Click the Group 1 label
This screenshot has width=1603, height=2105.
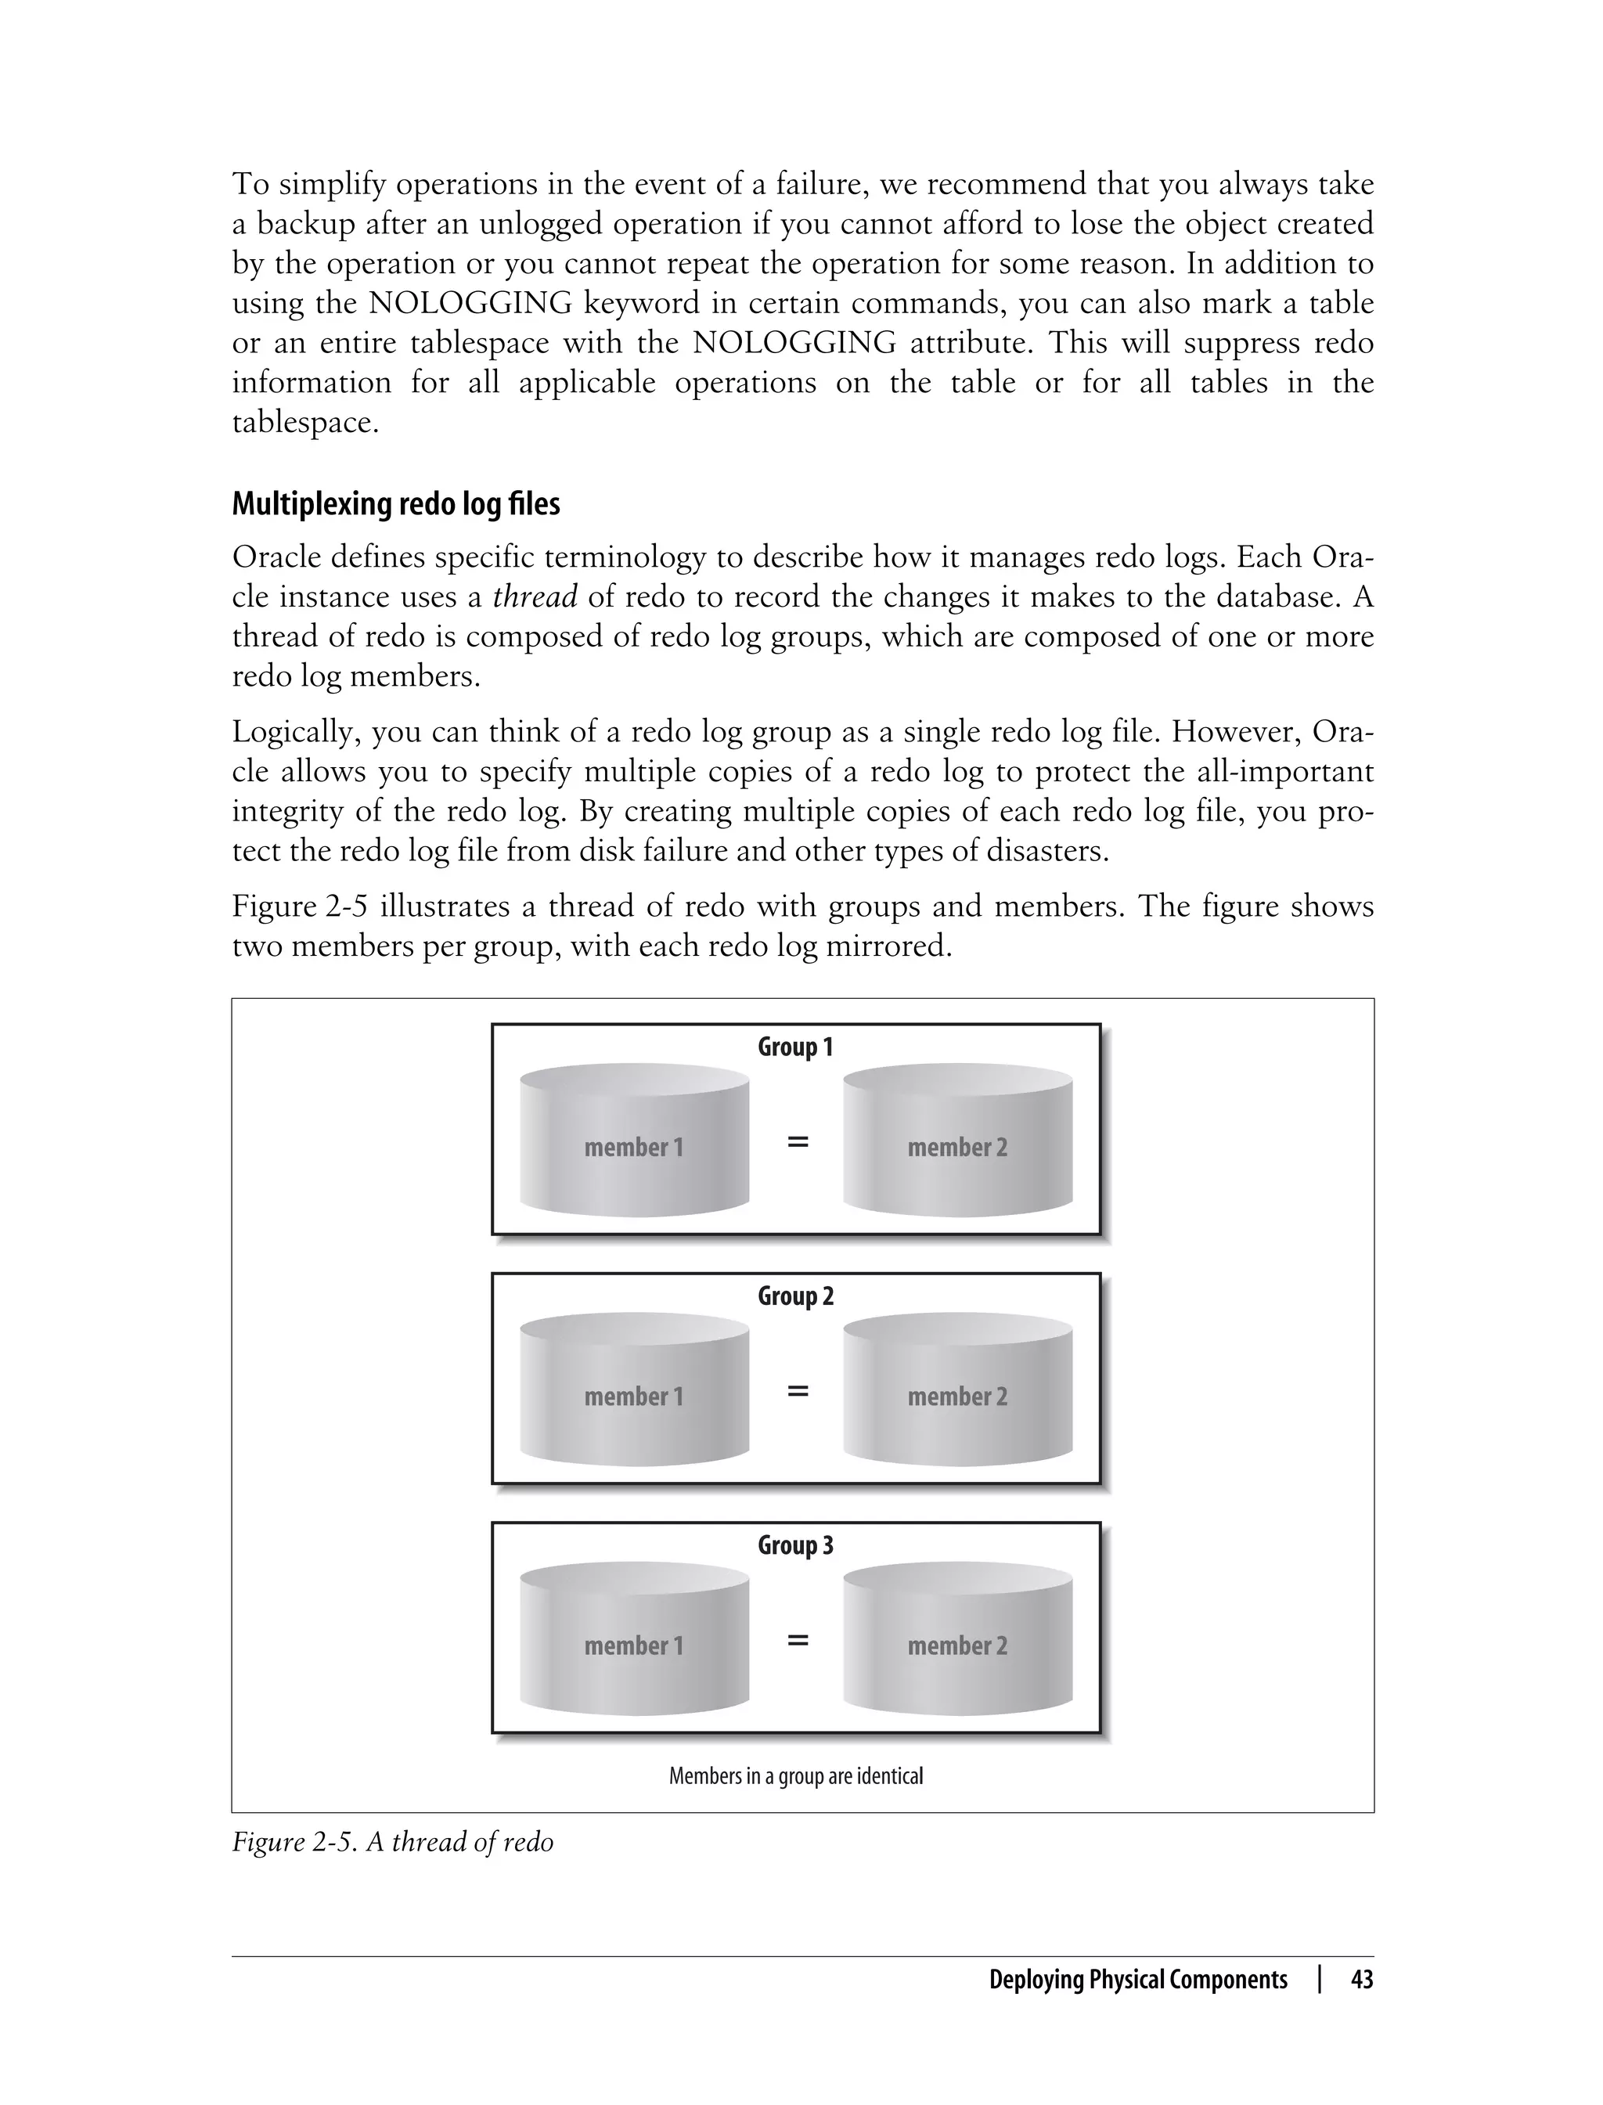(794, 1047)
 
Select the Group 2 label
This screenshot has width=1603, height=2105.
(794, 1296)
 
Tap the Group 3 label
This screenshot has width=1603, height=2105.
(794, 1545)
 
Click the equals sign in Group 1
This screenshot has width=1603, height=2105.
(798, 1141)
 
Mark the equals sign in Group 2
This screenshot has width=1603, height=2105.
(798, 1391)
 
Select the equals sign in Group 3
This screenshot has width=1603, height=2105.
(798, 1640)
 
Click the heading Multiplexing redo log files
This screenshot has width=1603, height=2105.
(395, 504)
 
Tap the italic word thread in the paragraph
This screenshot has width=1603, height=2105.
(535, 597)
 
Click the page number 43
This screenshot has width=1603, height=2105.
(1362, 1979)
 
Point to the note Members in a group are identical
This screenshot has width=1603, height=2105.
(796, 1775)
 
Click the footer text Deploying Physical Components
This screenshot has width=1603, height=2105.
(1137, 1979)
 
